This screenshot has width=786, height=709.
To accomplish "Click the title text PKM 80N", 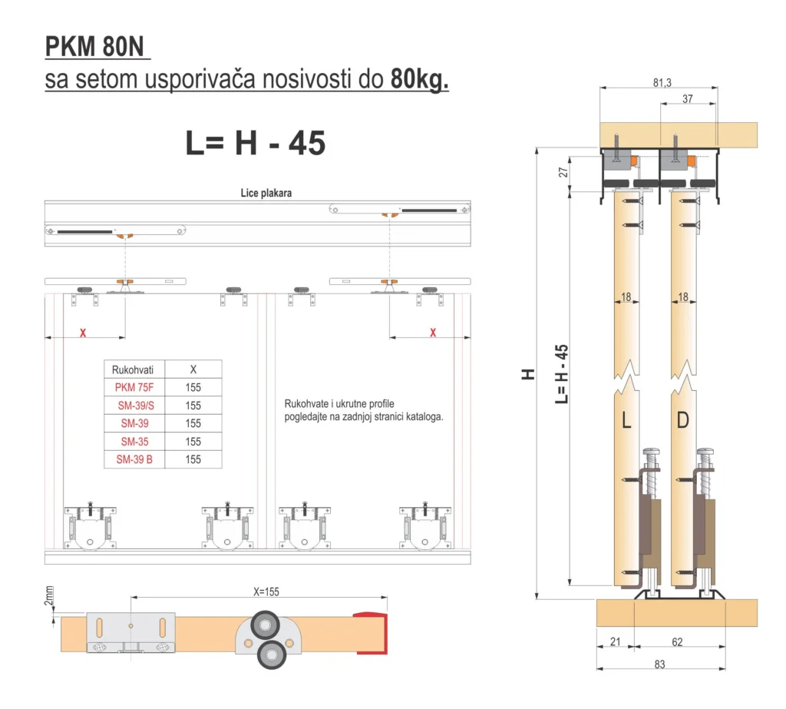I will [x=97, y=47].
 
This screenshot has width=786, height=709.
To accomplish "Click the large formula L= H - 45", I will [x=255, y=143].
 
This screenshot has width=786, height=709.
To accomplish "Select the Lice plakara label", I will [x=266, y=194].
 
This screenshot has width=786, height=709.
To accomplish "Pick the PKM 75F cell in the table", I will [x=134, y=387].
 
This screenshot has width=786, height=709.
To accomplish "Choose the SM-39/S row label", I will [x=134, y=406].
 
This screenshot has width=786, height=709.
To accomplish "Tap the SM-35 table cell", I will [x=134, y=442].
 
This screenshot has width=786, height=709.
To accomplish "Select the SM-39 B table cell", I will [x=134, y=460].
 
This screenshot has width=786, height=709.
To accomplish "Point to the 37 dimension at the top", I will [x=687, y=98].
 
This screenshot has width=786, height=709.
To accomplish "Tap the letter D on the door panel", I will [x=683, y=420].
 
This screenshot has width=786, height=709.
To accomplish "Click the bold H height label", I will [x=528, y=374].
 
